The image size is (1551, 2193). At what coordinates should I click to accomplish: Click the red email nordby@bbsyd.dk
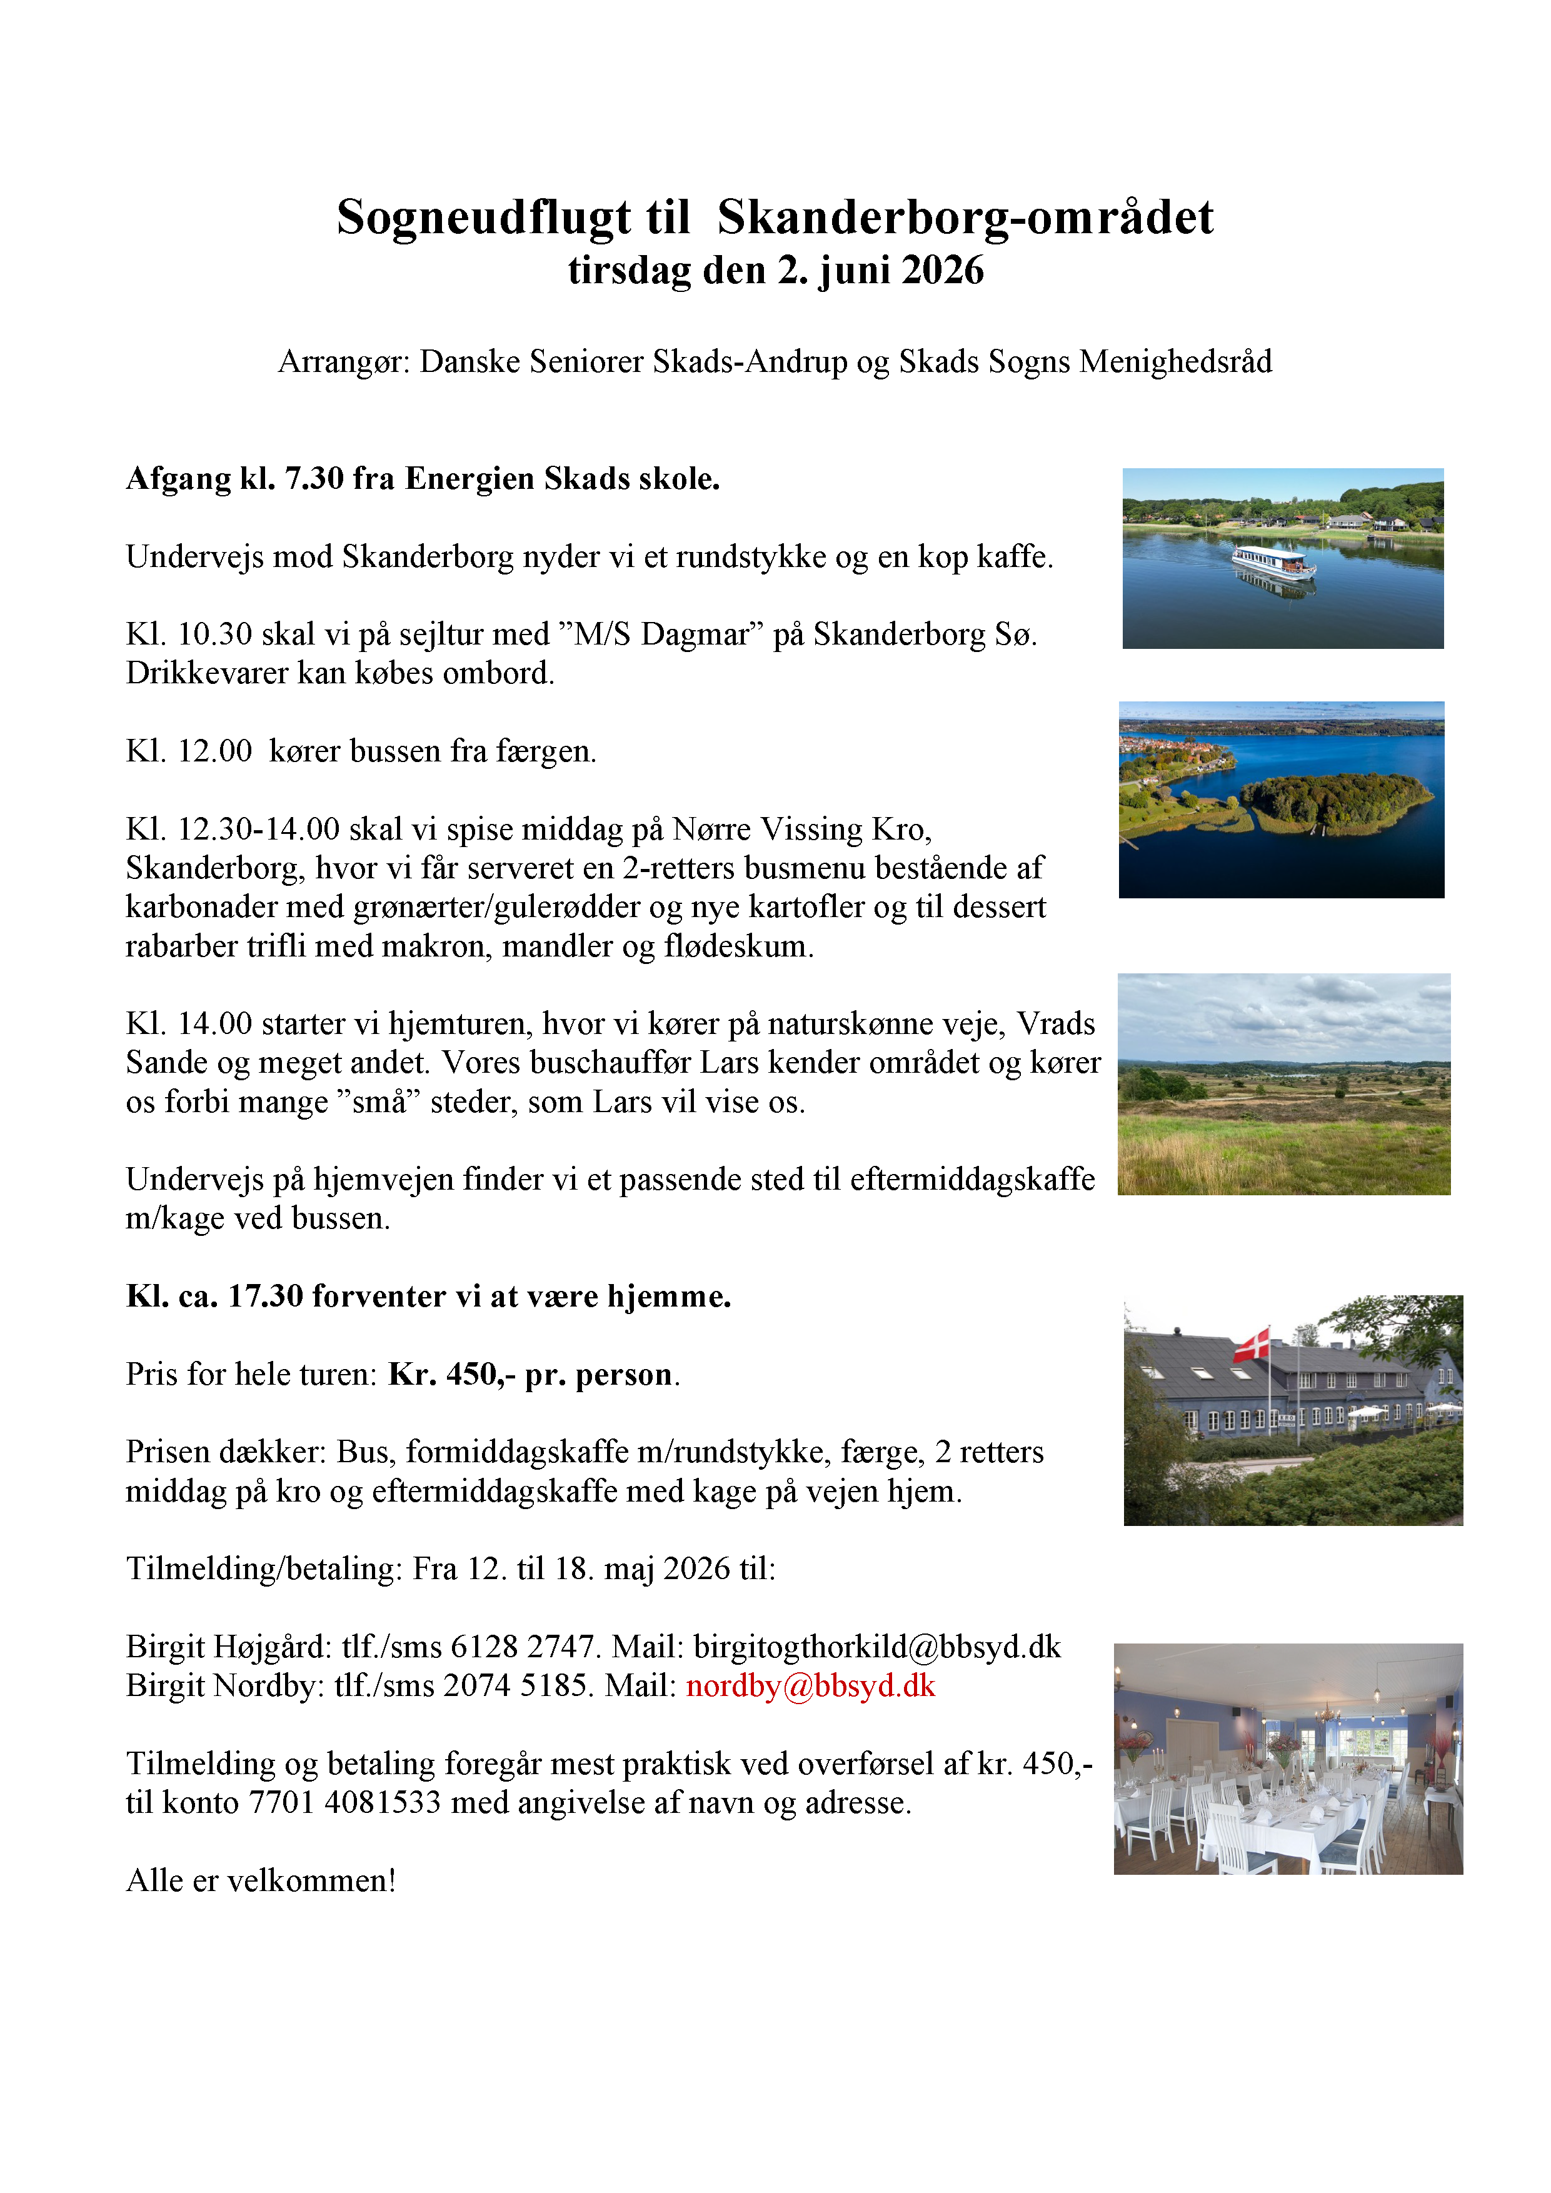click(810, 1686)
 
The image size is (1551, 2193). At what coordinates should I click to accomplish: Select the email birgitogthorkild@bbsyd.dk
click(876, 1647)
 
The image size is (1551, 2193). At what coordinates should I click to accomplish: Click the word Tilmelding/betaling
click(264, 1569)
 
